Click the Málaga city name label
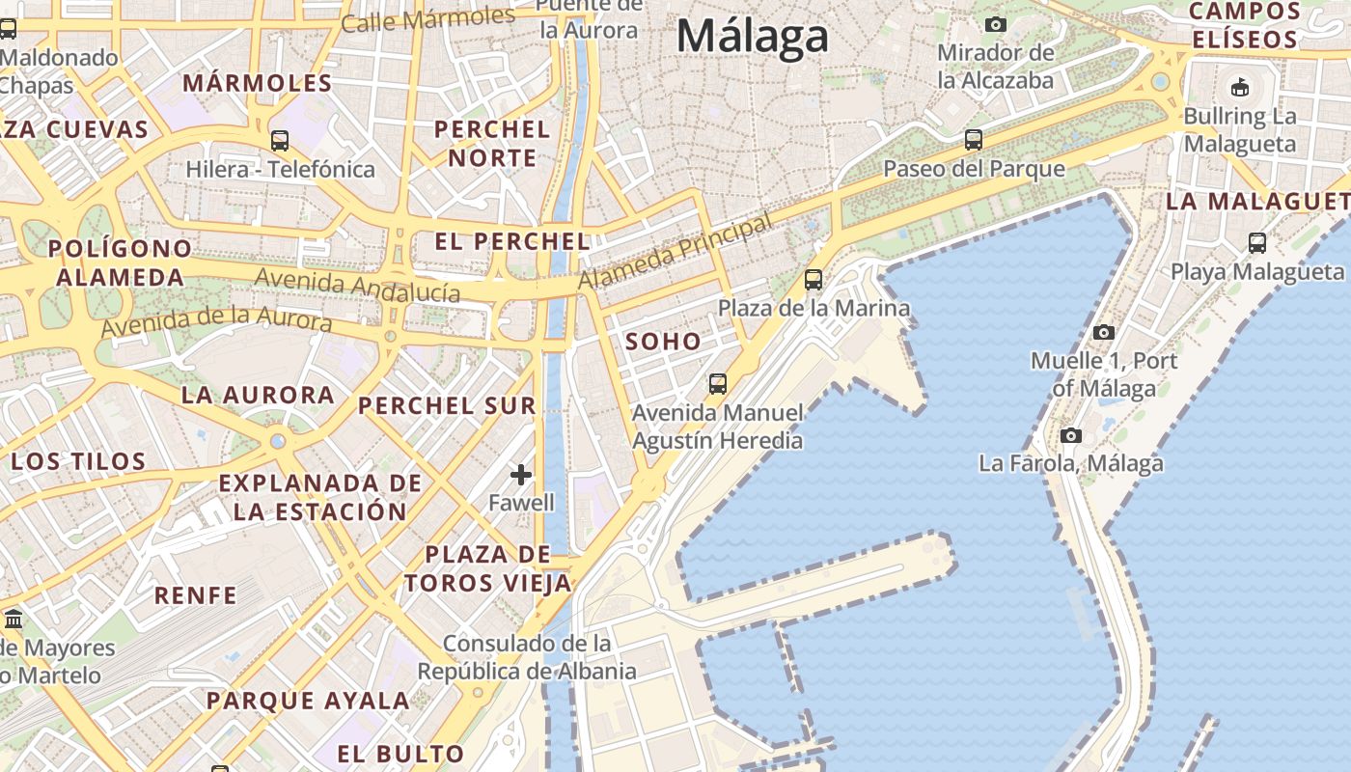coord(752,37)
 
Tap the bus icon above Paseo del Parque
coord(974,140)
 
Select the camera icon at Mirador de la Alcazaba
coord(996,24)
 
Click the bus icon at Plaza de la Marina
coord(813,280)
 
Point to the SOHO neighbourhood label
coord(663,342)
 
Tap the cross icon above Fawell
coord(521,474)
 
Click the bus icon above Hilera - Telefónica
coord(280,141)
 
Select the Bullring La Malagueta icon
coord(1240,88)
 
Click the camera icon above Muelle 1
coord(1104,333)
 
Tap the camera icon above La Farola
coord(1070,435)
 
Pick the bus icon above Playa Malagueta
coord(1257,243)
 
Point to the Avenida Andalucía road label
coord(357,286)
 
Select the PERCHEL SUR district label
coord(447,406)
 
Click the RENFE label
coord(196,595)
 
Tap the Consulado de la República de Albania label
coord(527,657)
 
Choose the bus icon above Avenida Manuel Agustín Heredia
coord(718,384)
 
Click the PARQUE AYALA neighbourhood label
coord(308,702)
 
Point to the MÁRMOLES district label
coord(258,83)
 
